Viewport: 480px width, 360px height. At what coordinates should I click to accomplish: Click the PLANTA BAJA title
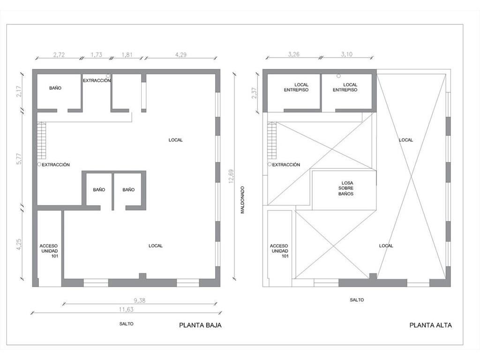pyautogui.click(x=200, y=325)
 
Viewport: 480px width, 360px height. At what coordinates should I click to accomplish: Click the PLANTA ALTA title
pyautogui.click(x=430, y=325)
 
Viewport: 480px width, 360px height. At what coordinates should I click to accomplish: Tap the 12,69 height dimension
pyautogui.click(x=231, y=176)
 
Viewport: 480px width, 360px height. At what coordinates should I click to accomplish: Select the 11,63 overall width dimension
pyautogui.click(x=126, y=309)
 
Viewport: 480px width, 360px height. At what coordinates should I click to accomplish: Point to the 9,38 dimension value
pyautogui.click(x=140, y=300)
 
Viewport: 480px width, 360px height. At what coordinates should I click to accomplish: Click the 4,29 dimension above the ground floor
pyautogui.click(x=180, y=55)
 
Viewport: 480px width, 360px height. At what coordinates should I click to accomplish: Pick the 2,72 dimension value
pyautogui.click(x=59, y=55)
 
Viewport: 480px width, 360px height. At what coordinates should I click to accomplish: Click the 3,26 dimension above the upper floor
pyautogui.click(x=293, y=54)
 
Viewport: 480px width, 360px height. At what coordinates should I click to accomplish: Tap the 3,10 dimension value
pyautogui.click(x=346, y=54)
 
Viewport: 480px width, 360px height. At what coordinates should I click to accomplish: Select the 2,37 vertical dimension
pyautogui.click(x=254, y=93)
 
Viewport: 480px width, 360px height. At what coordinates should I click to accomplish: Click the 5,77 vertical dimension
pyautogui.click(x=19, y=159)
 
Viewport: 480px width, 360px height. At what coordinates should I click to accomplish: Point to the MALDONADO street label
pyautogui.click(x=242, y=200)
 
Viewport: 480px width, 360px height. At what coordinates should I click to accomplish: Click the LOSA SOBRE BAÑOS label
pyautogui.click(x=346, y=188)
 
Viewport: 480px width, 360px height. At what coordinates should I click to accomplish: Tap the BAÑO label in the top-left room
pyautogui.click(x=55, y=88)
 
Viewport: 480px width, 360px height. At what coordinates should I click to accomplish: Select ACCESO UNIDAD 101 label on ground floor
pyautogui.click(x=49, y=251)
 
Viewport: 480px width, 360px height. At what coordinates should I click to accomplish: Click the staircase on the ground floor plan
pyautogui.click(x=41, y=140)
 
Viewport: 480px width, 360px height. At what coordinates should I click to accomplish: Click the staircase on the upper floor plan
pyautogui.click(x=272, y=140)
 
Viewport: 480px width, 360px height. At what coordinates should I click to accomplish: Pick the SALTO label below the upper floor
pyautogui.click(x=357, y=300)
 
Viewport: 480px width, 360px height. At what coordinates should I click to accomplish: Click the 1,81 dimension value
pyautogui.click(x=127, y=55)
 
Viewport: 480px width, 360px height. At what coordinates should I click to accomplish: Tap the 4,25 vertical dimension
pyautogui.click(x=19, y=245)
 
